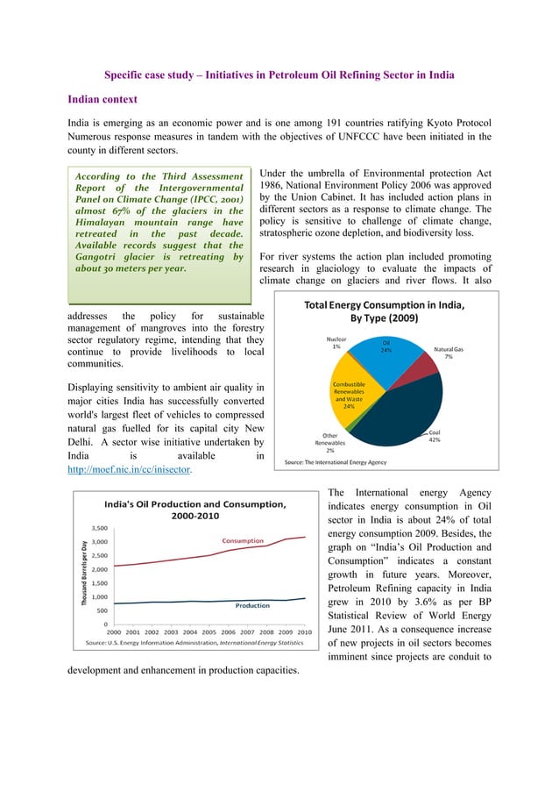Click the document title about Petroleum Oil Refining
[279, 75]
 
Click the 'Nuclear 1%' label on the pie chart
[336, 342]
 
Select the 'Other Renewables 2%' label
[329, 442]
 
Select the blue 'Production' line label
[251, 605]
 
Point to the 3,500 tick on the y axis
[100, 528]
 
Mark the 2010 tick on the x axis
[305, 631]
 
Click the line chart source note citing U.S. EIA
[195, 643]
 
